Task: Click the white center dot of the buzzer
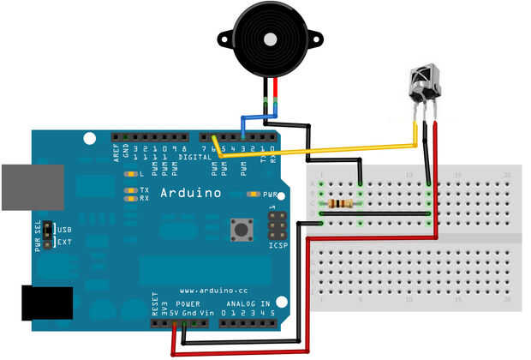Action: [269, 39]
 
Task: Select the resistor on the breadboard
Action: [340, 204]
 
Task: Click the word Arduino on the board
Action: [191, 193]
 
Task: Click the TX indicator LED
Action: [130, 189]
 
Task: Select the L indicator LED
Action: [130, 174]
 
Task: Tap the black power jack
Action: [46, 303]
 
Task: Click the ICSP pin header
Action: [277, 226]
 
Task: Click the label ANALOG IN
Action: [248, 303]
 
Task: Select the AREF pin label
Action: [116, 153]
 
